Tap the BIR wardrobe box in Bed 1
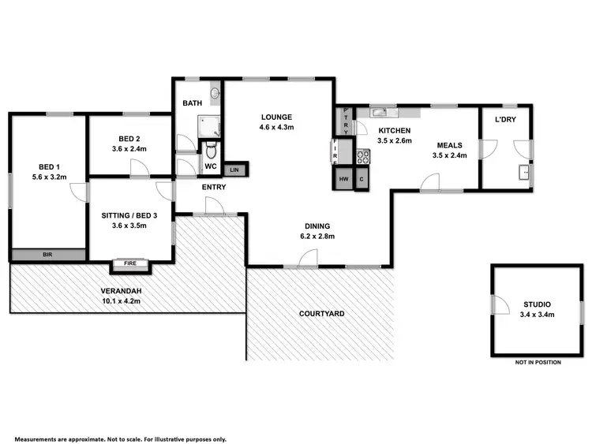(48, 255)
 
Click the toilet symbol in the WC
(209, 152)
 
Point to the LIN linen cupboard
(235, 170)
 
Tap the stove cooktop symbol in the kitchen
(364, 156)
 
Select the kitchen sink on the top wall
(379, 111)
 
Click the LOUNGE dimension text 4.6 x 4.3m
(277, 128)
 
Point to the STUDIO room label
(537, 304)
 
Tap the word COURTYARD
(321, 314)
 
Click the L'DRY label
(506, 119)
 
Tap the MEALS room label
(450, 145)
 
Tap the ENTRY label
(214, 187)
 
